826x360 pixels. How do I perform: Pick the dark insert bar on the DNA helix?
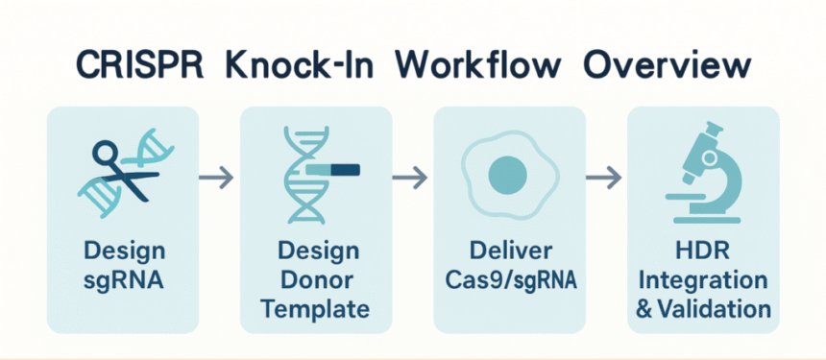tap(332, 170)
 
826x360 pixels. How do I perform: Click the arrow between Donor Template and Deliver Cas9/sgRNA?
tap(410, 177)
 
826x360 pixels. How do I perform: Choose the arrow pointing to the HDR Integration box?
tap(603, 177)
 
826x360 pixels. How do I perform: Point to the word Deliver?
tap(511, 252)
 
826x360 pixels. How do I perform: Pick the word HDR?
tap(703, 252)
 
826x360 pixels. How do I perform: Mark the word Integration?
tap(703, 281)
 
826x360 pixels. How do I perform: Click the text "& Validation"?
tap(703, 310)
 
